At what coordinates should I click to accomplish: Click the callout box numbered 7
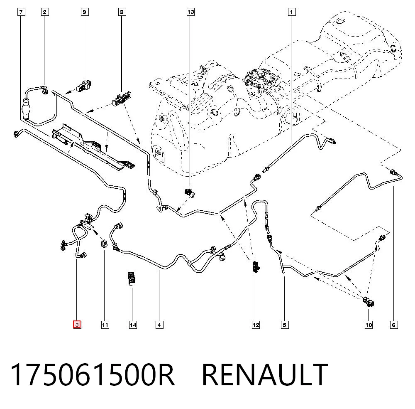point(21,12)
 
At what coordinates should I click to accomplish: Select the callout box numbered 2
point(45,12)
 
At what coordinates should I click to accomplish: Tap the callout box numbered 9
point(84,12)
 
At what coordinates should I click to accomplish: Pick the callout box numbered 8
point(122,12)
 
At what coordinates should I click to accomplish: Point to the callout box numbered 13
point(190,12)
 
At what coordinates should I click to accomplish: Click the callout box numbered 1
point(292,12)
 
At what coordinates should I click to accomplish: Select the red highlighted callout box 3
point(77,325)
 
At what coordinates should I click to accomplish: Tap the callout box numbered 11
point(105,325)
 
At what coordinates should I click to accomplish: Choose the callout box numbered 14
point(133,325)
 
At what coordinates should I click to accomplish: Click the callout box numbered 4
point(159,325)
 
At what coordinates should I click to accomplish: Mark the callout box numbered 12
point(256,325)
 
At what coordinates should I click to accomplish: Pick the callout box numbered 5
point(285,325)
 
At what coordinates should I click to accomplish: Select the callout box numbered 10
point(369,325)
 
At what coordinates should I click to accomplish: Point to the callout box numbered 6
point(394,325)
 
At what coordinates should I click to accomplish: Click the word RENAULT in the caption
point(265,375)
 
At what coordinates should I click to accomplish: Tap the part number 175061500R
point(93,375)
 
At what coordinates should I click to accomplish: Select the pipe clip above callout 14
point(132,278)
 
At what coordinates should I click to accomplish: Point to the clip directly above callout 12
point(255,267)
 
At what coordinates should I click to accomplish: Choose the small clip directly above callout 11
point(104,243)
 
